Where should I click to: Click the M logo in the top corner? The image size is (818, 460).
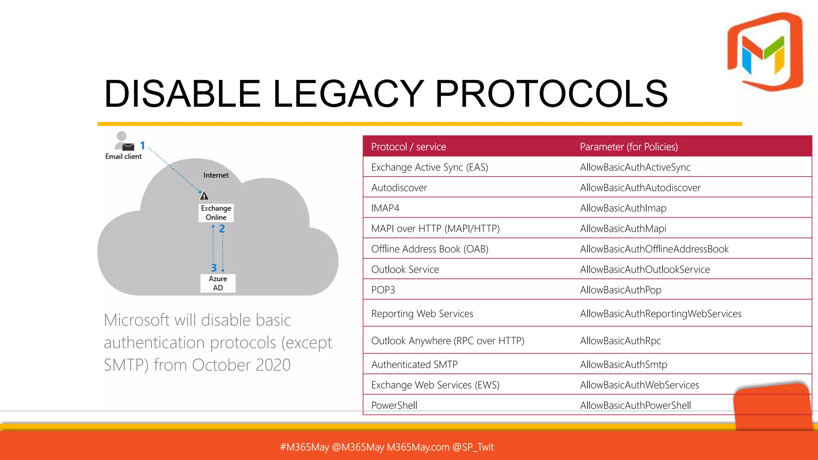[765, 52]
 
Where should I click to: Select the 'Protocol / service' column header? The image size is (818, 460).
[408, 147]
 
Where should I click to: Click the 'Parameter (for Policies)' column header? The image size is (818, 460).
[629, 147]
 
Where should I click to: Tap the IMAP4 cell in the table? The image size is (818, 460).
[385, 208]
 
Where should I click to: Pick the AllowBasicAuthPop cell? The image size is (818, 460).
[620, 290]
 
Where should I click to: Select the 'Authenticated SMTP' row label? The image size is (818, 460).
[414, 365]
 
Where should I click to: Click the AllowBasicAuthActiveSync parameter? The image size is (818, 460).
[635, 167]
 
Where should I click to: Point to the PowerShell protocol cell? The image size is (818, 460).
[394, 405]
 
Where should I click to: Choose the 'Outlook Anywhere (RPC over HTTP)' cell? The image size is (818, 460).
[447, 341]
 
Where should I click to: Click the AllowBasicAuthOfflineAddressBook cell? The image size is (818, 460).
[654, 249]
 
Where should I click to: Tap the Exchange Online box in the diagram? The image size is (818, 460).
[216, 213]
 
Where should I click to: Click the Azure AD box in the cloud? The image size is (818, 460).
[218, 283]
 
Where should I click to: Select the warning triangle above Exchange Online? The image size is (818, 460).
[204, 196]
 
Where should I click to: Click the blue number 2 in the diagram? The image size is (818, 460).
[222, 229]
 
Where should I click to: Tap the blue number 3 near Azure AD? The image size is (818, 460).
[214, 268]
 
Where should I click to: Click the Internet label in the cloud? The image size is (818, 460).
[216, 175]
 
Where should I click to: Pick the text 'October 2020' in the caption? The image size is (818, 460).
[241, 365]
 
